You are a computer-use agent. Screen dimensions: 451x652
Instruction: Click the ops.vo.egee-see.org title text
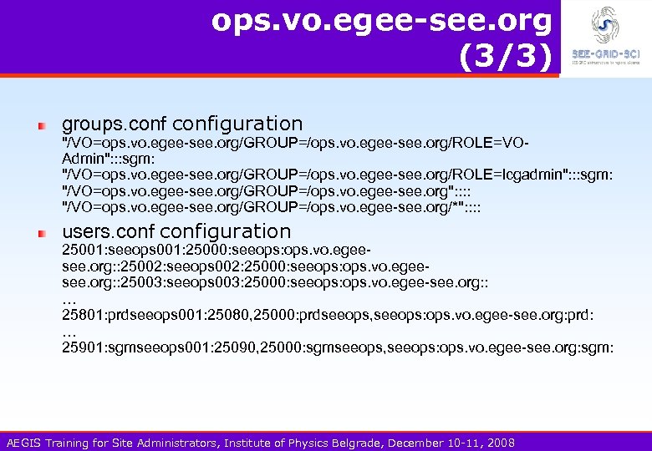pyautogui.click(x=382, y=20)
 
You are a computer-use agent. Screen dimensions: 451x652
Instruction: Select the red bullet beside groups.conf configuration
pyautogui.click(x=40, y=125)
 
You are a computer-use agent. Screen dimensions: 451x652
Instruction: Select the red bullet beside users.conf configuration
pyautogui.click(x=40, y=233)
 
